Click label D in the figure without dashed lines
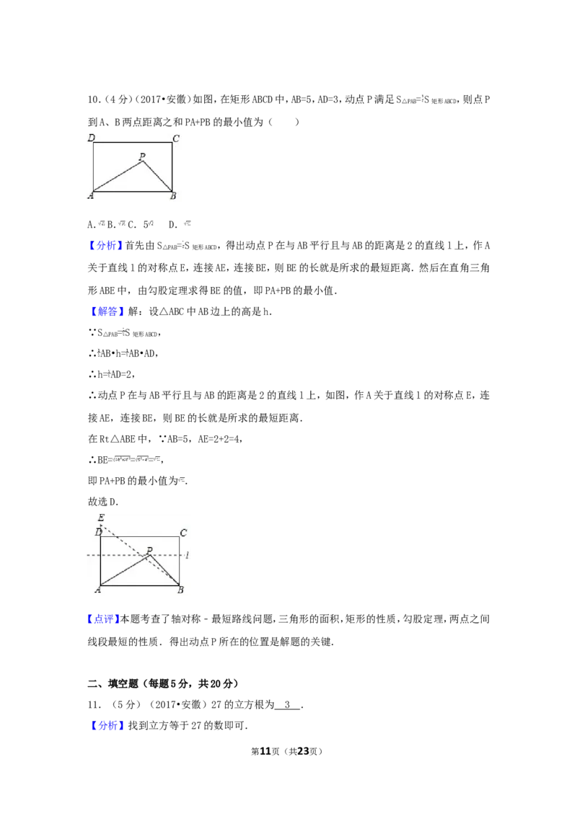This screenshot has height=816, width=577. coord(92,138)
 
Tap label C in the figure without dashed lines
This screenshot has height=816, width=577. coord(176,138)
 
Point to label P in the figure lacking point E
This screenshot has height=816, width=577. coord(142,156)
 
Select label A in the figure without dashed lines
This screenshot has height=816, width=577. coord(91,195)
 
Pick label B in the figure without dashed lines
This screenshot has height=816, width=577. coord(172,195)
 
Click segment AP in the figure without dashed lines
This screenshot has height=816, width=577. coord(118,177)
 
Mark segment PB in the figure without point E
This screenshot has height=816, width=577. coord(158,177)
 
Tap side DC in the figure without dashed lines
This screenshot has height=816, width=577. coord(133,143)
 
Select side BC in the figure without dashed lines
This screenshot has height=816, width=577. coord(172,167)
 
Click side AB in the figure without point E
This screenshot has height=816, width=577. coord(133,192)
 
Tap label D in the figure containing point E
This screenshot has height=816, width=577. coord(99,532)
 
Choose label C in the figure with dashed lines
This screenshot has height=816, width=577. coord(183,533)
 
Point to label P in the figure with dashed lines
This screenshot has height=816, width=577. coord(149,550)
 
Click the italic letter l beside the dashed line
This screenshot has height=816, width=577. coord(187,555)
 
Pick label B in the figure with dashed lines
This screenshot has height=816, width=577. coord(180,590)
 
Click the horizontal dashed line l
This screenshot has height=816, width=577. coord(123,556)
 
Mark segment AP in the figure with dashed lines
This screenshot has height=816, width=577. coord(124,570)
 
